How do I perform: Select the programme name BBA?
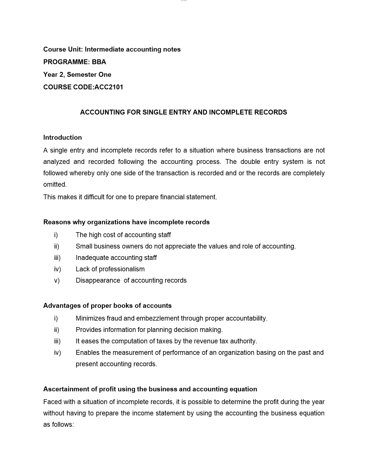click(x=99, y=62)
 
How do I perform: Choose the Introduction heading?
click(x=62, y=138)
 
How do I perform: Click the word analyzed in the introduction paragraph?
click(x=56, y=162)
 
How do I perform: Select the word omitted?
click(x=55, y=185)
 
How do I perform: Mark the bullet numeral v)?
click(x=57, y=281)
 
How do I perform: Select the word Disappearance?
click(x=98, y=281)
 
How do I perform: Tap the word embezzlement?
click(x=158, y=318)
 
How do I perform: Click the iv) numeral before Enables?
click(x=57, y=353)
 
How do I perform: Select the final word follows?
click(x=63, y=425)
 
